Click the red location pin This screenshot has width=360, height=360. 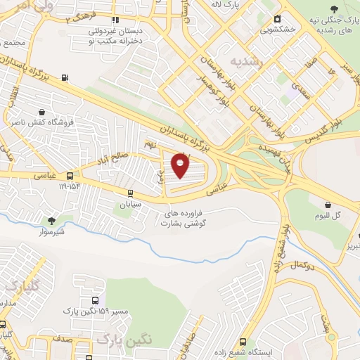pos(181,166)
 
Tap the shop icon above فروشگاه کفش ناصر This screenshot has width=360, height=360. pos(42,112)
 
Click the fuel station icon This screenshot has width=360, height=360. pos(65,77)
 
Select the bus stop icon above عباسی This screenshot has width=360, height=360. pos(69,176)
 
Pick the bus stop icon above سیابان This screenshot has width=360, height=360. pos(129,193)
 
